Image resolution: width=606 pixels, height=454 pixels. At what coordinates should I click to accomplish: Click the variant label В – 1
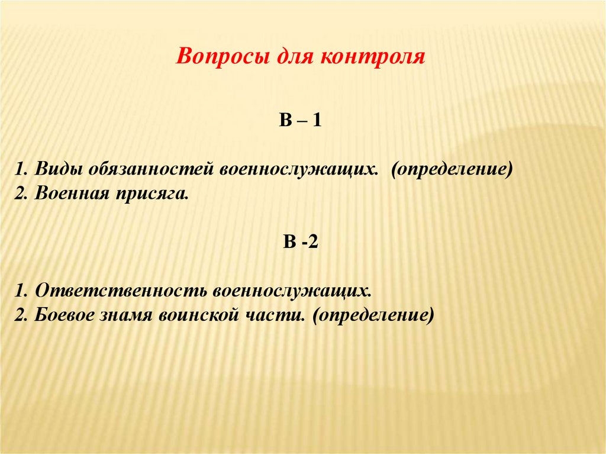[x=300, y=121]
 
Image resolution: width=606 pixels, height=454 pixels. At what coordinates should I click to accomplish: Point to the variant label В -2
[x=301, y=243]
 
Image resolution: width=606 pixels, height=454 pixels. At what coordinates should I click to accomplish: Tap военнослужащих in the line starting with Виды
[x=299, y=169]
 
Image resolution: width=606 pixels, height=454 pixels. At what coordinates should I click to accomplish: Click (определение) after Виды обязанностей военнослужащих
[x=451, y=169]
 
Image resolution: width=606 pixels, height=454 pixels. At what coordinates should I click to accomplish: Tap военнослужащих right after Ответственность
[x=292, y=291]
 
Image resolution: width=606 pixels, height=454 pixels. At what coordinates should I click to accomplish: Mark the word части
[x=272, y=314]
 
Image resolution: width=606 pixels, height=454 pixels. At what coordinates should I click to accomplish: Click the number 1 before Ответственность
[x=21, y=291]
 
